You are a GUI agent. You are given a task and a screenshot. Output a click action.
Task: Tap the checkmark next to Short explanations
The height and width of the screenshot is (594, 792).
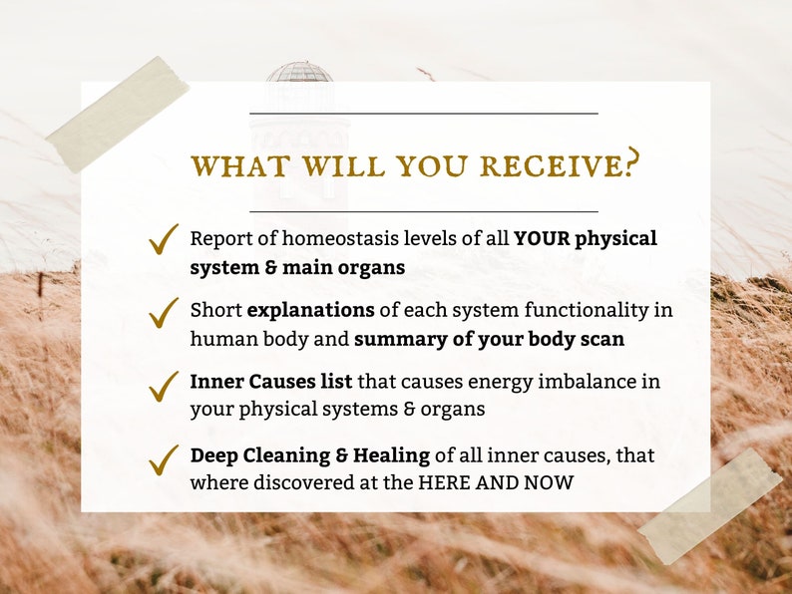(163, 311)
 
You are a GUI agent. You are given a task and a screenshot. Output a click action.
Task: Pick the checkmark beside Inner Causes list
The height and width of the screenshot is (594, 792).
(163, 386)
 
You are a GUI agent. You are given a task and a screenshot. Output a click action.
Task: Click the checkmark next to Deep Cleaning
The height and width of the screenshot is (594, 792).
(163, 459)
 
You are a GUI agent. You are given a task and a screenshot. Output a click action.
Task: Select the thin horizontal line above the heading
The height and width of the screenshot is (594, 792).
(423, 114)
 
